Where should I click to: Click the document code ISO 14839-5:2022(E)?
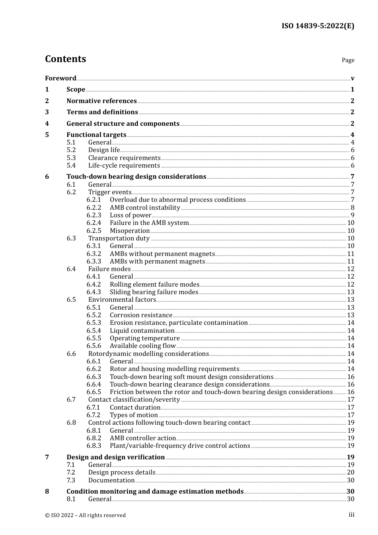tap(318, 26)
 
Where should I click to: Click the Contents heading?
tap(66, 59)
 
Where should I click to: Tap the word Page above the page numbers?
tap(348, 60)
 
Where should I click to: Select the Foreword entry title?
tap(60, 78)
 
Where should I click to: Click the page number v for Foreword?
tap(353, 78)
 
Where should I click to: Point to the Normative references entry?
tap(101, 101)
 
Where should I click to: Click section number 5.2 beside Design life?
tap(71, 150)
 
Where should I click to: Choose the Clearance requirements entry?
tap(124, 158)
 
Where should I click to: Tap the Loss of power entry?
tap(131, 215)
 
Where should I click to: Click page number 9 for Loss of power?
tap(352, 215)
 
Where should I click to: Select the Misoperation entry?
tap(130, 231)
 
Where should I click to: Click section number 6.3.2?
tap(94, 254)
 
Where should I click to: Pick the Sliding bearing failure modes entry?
tap(154, 292)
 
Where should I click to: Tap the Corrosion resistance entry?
tap(141, 315)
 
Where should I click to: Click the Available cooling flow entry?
tap(142, 346)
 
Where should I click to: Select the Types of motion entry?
tap(134, 415)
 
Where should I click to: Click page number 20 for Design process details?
tap(351, 473)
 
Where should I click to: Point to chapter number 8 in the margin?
tap(47, 491)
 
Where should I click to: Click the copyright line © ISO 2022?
tap(85, 515)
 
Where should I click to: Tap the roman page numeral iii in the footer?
tap(351, 515)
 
